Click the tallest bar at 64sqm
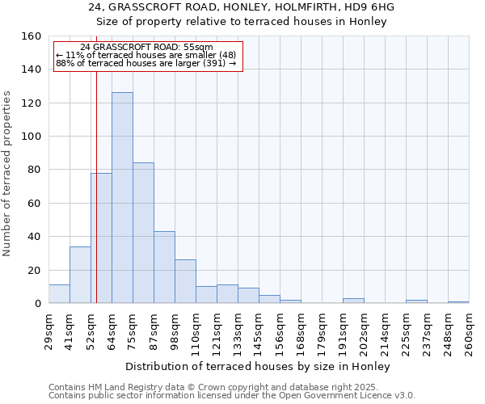(x=122, y=198)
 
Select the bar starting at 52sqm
(x=101, y=238)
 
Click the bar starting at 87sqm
(x=164, y=267)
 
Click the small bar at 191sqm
(x=353, y=301)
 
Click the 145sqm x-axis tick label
(x=259, y=331)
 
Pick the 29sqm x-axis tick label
(x=48, y=331)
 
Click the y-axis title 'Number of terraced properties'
(x=8, y=174)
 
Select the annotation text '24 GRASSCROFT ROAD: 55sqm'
(x=147, y=48)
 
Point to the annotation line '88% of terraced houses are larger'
(x=145, y=63)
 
